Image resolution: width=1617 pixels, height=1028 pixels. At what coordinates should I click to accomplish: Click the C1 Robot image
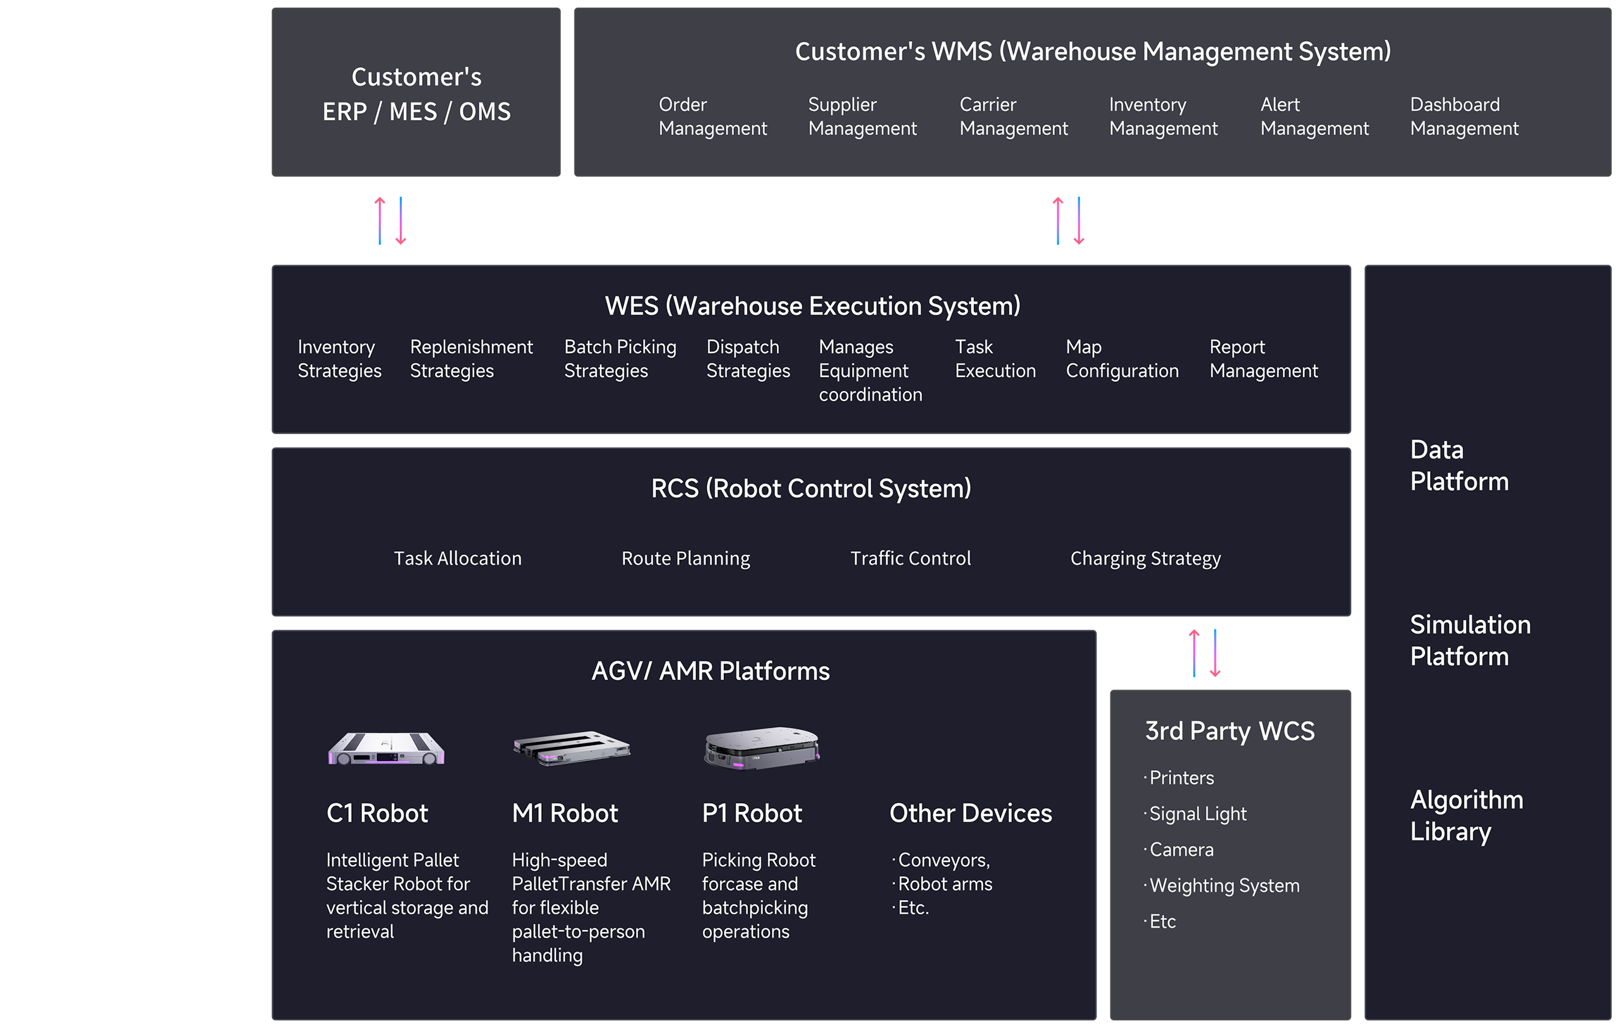(386, 748)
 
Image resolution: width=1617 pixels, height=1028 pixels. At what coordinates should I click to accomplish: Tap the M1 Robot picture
(572, 748)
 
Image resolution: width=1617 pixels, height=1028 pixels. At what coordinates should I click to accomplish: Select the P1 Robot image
(762, 748)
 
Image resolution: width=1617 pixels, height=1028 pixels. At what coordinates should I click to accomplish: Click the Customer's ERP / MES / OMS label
(416, 94)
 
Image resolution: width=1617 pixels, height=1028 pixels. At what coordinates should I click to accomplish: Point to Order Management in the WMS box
(712, 116)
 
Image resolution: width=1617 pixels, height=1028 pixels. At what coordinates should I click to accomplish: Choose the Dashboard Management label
(1464, 116)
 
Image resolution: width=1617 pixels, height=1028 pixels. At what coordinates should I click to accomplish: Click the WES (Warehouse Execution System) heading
(812, 306)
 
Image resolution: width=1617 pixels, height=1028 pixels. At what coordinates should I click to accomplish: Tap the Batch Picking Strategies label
(619, 359)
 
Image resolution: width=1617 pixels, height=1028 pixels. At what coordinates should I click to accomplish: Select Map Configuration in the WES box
(1121, 359)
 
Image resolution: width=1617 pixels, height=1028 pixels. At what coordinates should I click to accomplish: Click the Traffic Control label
(910, 558)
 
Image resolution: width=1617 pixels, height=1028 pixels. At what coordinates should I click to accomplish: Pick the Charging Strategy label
(1145, 558)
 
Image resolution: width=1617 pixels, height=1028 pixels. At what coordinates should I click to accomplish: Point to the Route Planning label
(685, 558)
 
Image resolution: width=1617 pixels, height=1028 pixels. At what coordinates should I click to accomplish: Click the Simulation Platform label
(1469, 640)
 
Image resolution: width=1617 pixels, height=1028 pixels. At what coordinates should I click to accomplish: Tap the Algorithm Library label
(1466, 815)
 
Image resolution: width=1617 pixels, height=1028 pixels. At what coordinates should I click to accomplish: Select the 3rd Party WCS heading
(1230, 731)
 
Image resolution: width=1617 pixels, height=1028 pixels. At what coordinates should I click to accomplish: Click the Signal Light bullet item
(1198, 814)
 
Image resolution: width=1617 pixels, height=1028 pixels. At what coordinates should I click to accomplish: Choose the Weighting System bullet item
(1223, 886)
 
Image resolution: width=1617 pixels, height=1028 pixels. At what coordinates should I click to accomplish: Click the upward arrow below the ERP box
(380, 220)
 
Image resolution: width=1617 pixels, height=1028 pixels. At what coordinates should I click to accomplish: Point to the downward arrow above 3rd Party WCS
(1215, 653)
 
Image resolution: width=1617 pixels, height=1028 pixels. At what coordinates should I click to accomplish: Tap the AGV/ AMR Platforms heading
(710, 671)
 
